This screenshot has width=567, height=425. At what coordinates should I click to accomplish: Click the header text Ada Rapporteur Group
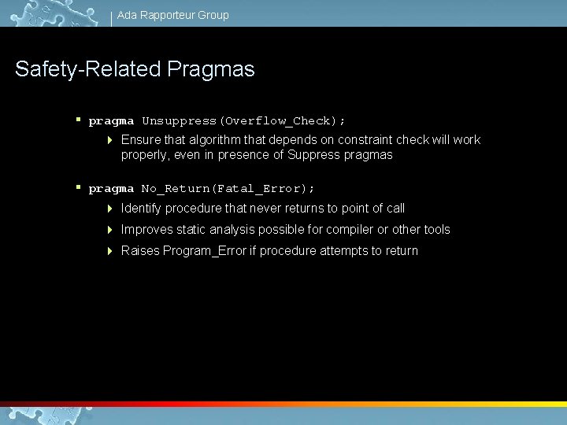tap(172, 15)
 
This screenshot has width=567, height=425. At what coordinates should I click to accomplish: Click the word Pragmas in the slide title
tap(211, 69)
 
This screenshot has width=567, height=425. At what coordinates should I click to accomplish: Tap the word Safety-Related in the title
tap(88, 69)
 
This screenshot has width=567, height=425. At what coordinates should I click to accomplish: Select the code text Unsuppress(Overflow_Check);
tap(243, 121)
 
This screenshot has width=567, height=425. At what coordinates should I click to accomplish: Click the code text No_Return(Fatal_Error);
tap(228, 189)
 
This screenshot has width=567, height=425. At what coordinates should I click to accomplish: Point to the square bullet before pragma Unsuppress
tap(79, 120)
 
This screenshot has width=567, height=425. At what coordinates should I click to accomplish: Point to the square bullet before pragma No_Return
tap(79, 187)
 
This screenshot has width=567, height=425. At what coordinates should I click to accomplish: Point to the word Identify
tap(142, 209)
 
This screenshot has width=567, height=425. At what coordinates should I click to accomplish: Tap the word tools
tap(437, 230)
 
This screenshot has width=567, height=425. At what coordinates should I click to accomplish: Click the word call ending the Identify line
tap(395, 209)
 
